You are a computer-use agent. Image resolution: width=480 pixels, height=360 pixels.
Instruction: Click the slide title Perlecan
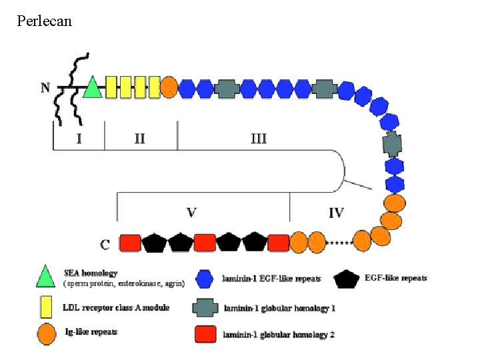[45, 21]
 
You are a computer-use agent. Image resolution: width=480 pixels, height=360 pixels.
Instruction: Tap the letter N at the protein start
[45, 87]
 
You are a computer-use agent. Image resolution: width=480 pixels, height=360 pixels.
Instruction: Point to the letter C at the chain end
[105, 244]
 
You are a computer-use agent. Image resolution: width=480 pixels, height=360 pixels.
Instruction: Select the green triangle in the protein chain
[92, 86]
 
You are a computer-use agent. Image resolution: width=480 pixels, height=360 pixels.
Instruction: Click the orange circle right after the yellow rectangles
[169, 87]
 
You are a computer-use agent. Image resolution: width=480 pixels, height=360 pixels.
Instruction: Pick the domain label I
[79, 139]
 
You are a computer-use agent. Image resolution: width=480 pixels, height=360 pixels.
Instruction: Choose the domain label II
[139, 139]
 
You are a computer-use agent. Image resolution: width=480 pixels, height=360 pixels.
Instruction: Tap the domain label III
[259, 139]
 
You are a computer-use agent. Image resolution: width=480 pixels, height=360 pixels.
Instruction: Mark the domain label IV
[336, 213]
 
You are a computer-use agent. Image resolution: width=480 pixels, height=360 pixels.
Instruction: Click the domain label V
[191, 213]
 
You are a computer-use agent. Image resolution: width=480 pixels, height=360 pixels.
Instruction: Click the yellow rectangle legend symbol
[46, 307]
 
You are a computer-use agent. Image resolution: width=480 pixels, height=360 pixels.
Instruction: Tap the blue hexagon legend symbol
[205, 279]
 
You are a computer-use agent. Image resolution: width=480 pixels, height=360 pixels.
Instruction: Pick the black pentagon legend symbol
[347, 279]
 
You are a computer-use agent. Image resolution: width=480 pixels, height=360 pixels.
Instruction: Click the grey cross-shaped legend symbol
[206, 307]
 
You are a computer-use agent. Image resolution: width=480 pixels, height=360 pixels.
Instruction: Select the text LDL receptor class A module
[116, 307]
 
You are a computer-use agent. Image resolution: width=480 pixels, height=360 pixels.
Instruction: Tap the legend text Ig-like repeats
[91, 331]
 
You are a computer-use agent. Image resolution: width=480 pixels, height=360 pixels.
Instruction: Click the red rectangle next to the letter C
[130, 242]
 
